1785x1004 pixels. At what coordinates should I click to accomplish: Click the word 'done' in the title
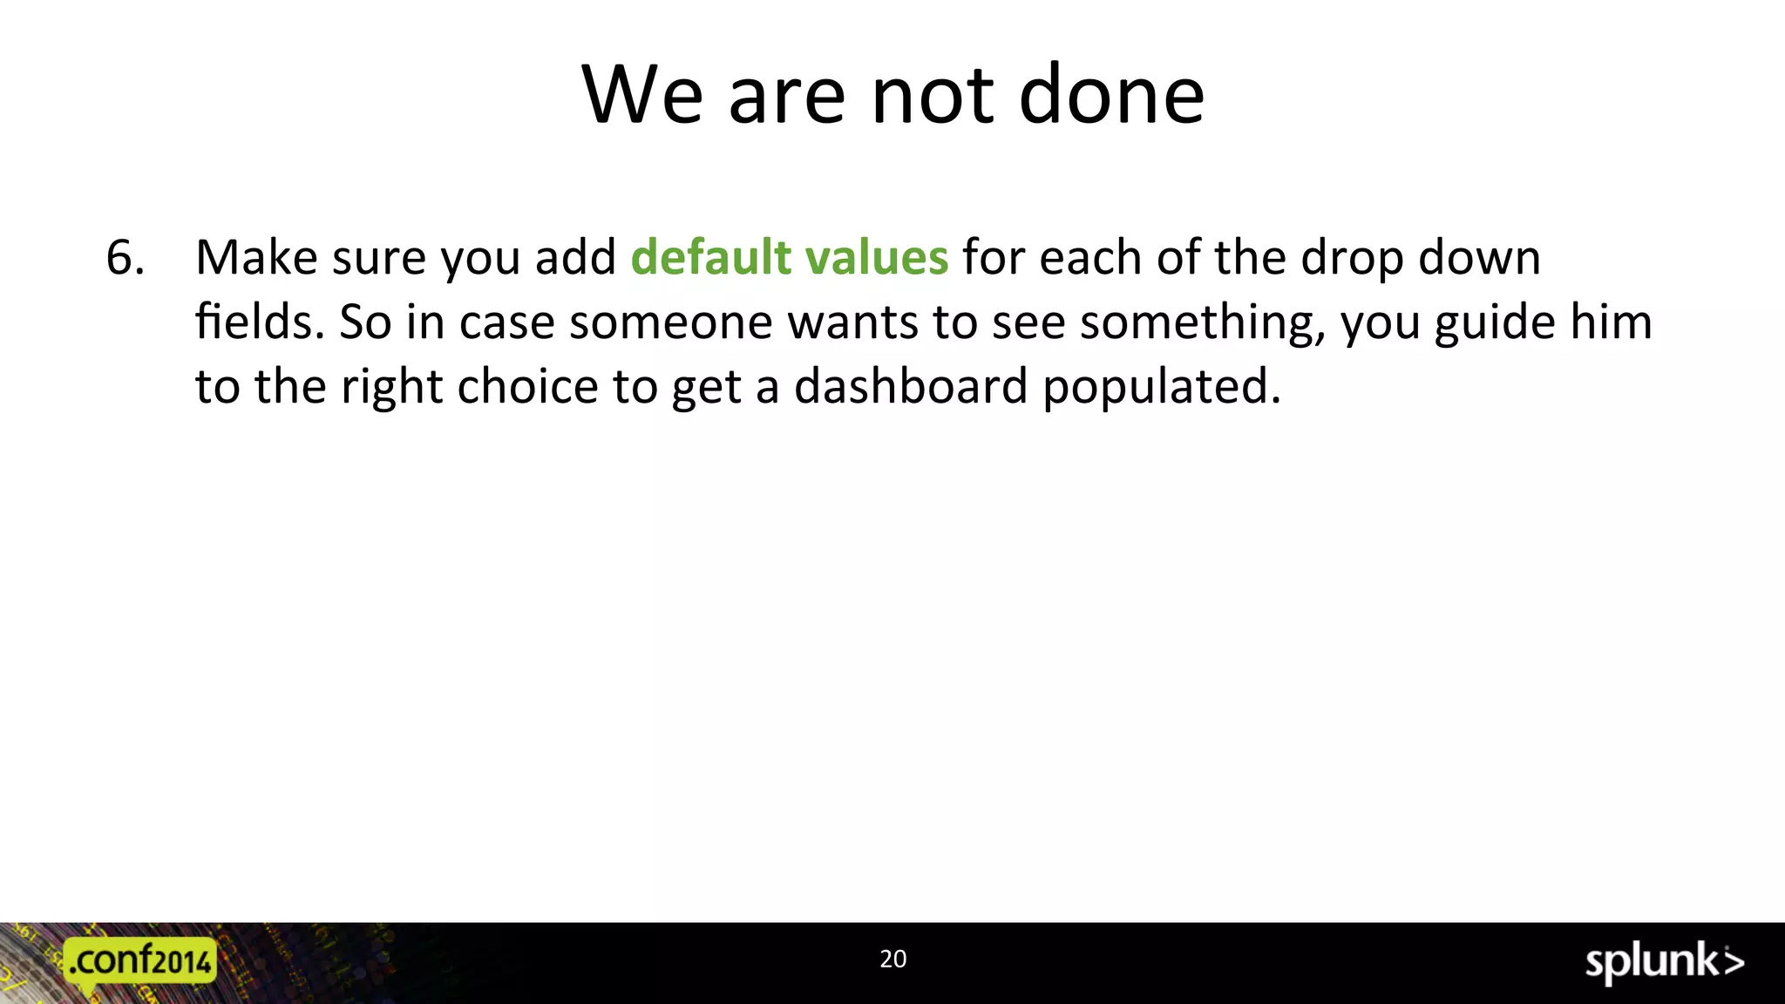(x=1112, y=95)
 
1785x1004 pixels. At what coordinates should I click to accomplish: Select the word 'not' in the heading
(x=932, y=95)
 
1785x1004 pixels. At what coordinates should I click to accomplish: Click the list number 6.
(x=125, y=258)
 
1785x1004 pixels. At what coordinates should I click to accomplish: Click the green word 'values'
(x=876, y=258)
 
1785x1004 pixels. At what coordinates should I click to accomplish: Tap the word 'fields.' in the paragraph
(x=260, y=322)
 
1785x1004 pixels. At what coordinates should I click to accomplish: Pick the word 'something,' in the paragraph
(x=1203, y=323)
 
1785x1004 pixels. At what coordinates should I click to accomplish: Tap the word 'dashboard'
(x=911, y=386)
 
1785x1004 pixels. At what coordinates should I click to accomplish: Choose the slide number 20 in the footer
(x=892, y=959)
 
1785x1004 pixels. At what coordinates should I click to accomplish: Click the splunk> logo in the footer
(x=1664, y=963)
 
